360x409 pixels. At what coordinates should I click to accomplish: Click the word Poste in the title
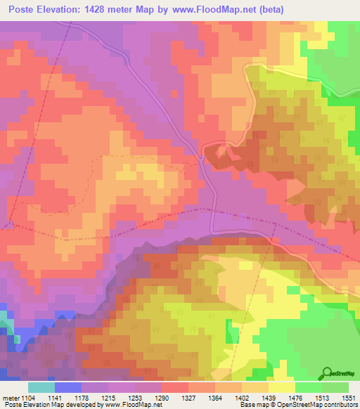coord(25,9)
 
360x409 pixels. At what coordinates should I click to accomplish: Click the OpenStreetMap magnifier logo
coord(327,373)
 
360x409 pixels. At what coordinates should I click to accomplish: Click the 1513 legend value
coord(321,398)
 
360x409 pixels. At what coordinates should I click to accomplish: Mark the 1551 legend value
coord(347,398)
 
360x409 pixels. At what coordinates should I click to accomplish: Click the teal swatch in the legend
coord(41,387)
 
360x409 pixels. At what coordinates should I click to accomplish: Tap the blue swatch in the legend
coord(67,387)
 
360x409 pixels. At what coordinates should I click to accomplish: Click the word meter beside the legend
coord(11,398)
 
